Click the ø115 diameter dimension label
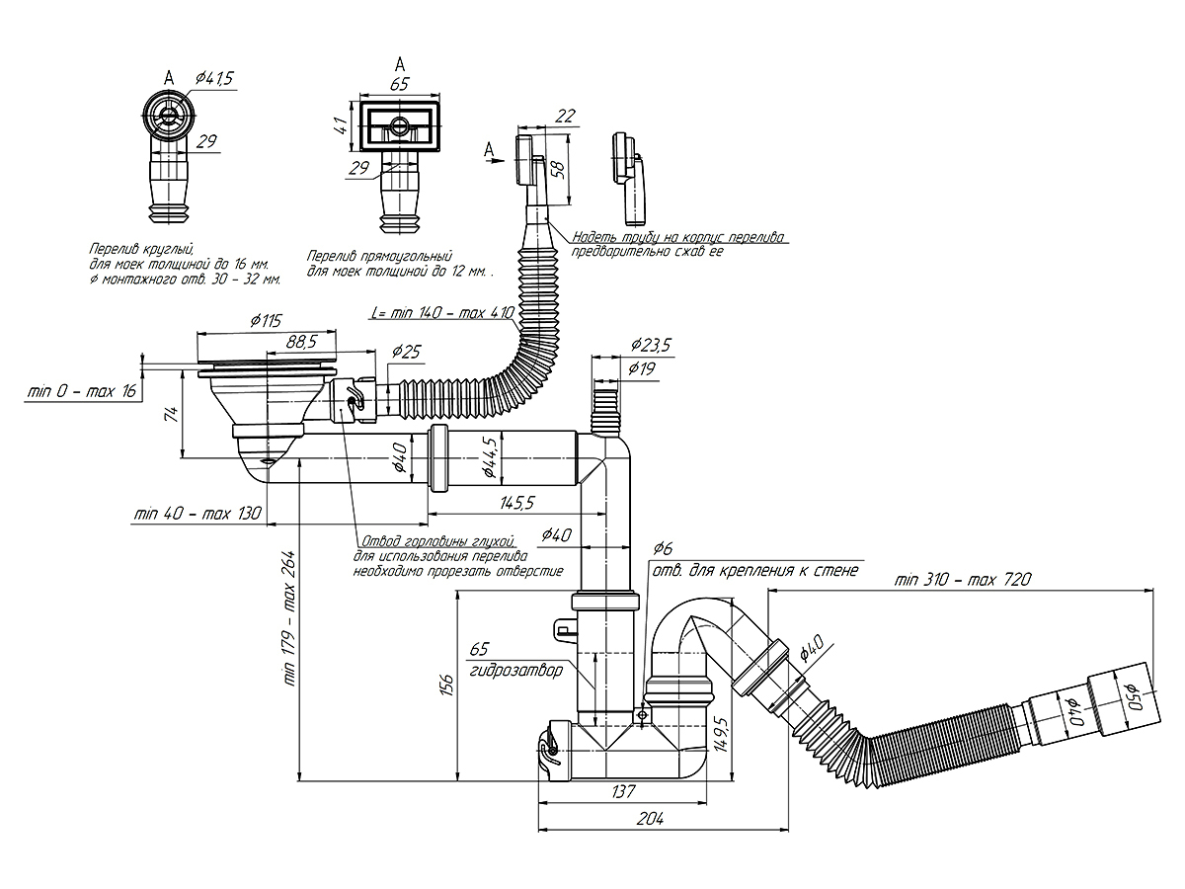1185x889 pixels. pyautogui.click(x=266, y=321)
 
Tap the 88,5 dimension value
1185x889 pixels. pyautogui.click(x=300, y=342)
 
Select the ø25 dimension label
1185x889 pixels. pyautogui.click(x=406, y=352)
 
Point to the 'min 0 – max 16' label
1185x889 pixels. pyautogui.click(x=82, y=390)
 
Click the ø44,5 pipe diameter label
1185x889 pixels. pyautogui.click(x=489, y=456)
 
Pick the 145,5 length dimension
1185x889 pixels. pyautogui.click(x=516, y=503)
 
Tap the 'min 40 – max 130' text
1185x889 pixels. pyautogui.click(x=197, y=513)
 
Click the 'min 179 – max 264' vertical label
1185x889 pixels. pyautogui.click(x=289, y=618)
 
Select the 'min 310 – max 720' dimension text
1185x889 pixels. pyautogui.click(x=963, y=579)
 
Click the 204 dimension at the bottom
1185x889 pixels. pyautogui.click(x=650, y=819)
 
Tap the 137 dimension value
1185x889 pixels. pyautogui.click(x=623, y=791)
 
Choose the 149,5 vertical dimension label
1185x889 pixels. pyautogui.click(x=722, y=734)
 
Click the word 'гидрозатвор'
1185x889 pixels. pyautogui.click(x=515, y=670)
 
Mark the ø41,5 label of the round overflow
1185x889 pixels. pyautogui.click(x=214, y=78)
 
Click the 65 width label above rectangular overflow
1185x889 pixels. pyautogui.click(x=400, y=84)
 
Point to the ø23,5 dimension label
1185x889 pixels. pyautogui.click(x=651, y=345)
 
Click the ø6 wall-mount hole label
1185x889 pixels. pyautogui.click(x=663, y=548)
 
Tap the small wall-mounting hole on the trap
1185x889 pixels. pyautogui.click(x=641, y=715)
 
